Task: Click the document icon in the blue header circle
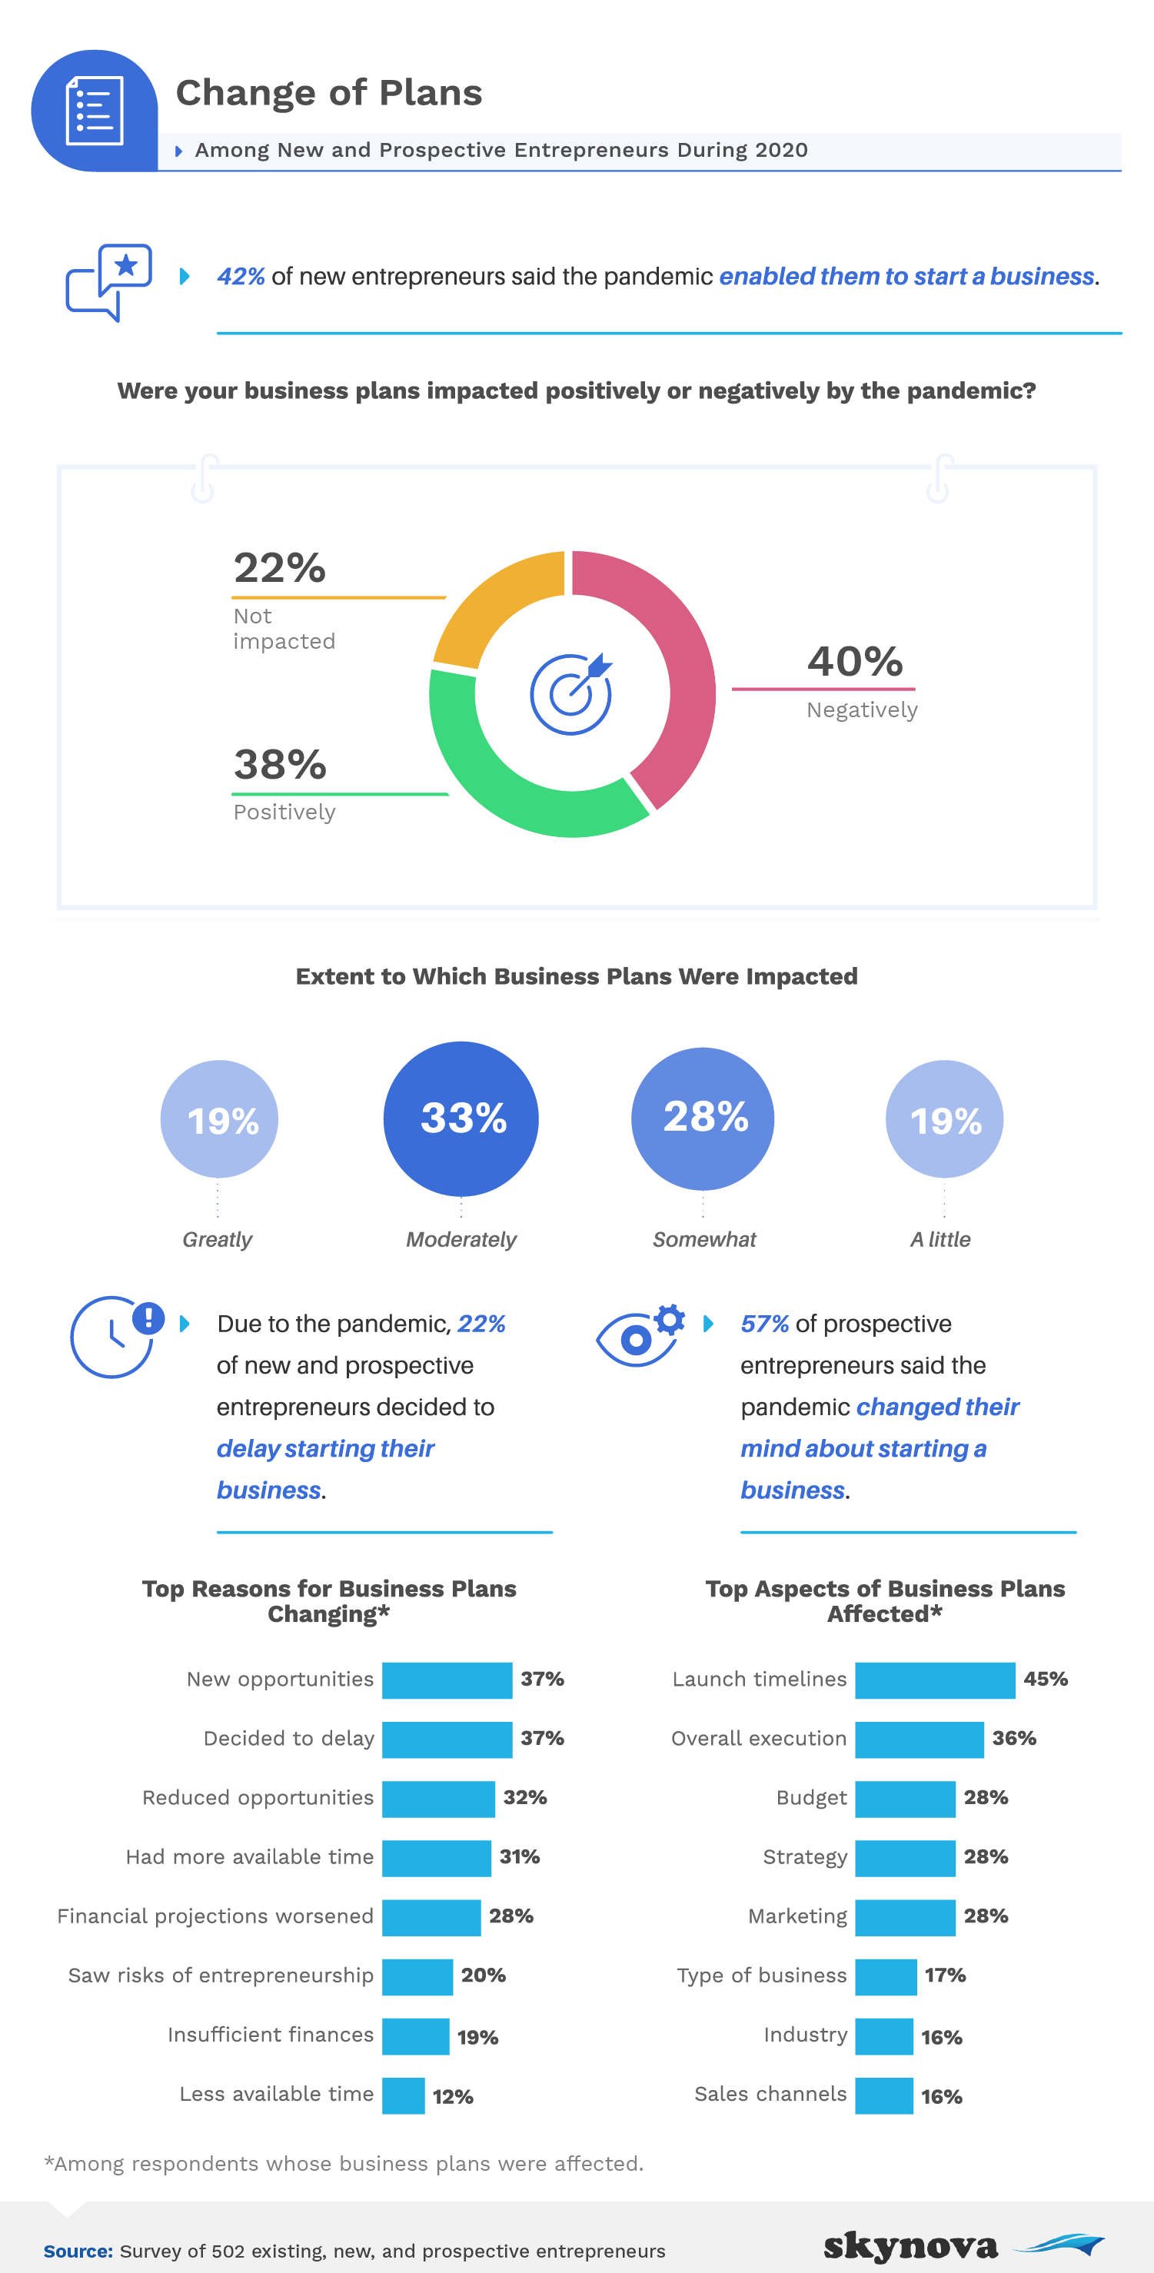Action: click(95, 111)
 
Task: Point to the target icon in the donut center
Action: click(570, 693)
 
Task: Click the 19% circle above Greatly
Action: click(219, 1119)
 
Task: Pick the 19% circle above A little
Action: click(944, 1119)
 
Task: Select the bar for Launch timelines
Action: click(934, 1680)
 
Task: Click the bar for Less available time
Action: click(403, 2095)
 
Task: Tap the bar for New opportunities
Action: click(447, 1680)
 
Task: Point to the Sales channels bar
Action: click(883, 2095)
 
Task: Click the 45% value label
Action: click(1046, 1679)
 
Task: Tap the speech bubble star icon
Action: click(109, 281)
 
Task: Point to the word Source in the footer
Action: click(78, 2251)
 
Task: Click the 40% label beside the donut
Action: click(855, 662)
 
